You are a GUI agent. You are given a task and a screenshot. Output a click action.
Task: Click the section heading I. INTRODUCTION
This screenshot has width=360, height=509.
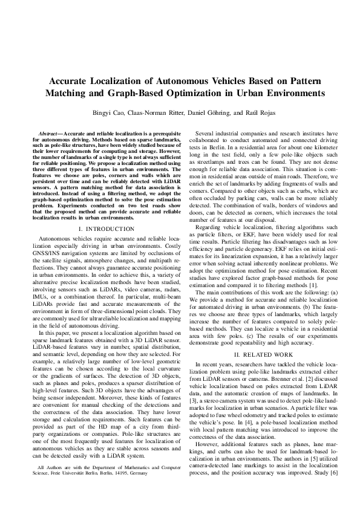coord(106,229)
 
